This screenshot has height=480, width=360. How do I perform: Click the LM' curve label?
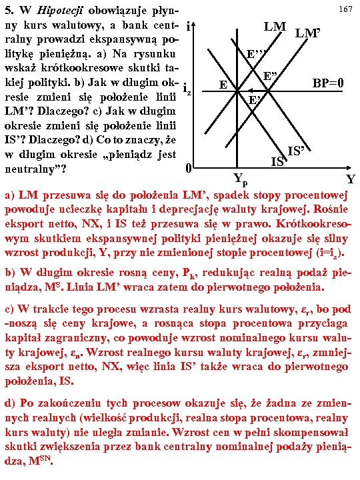[308, 32]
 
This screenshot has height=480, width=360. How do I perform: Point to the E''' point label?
[257, 55]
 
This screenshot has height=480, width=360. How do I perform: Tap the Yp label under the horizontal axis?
[240, 178]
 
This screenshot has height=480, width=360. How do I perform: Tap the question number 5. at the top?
[10, 10]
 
